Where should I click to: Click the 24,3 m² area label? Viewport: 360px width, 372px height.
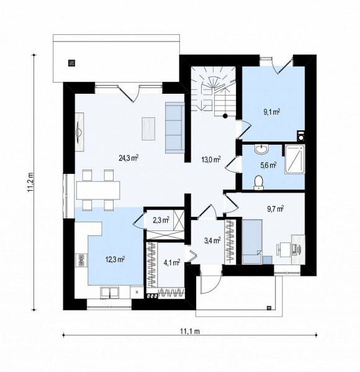tap(128, 158)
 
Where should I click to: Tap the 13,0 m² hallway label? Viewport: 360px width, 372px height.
tap(211, 160)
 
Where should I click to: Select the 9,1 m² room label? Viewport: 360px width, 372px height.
tap(271, 112)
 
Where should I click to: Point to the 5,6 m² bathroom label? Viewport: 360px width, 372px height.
tap(269, 165)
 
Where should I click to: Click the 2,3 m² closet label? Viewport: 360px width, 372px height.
tap(161, 220)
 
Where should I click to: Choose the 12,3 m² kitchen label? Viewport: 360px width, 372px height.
tap(115, 260)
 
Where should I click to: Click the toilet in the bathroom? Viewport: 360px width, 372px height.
tap(258, 183)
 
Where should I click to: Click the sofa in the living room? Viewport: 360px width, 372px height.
tap(175, 128)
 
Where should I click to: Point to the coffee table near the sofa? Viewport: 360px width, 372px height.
tap(148, 129)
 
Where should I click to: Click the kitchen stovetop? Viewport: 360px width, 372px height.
tap(81, 260)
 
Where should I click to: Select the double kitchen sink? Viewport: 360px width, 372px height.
tap(110, 293)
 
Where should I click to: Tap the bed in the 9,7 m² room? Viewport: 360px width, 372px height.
tap(252, 242)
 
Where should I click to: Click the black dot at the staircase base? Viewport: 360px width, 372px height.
tap(225, 116)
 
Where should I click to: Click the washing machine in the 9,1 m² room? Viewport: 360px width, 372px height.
tap(301, 137)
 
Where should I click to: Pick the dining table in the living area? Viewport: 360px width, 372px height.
tap(98, 190)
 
